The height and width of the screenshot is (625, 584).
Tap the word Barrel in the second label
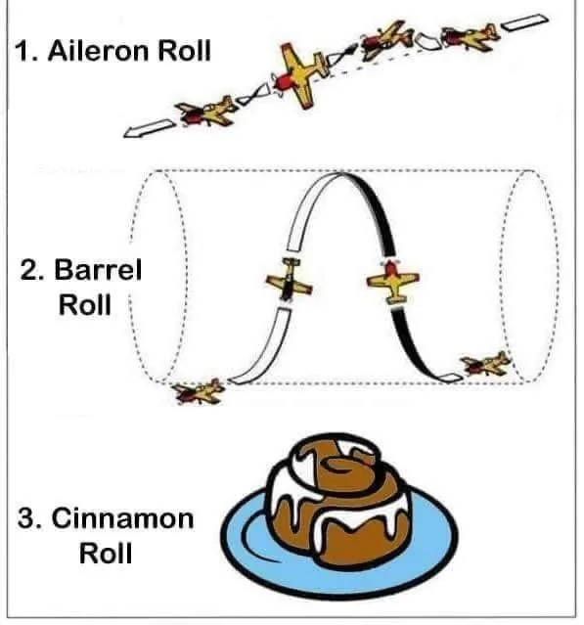click(x=98, y=269)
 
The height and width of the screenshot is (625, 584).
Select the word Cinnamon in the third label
click(x=123, y=518)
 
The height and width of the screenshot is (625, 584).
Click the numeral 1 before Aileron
click(x=23, y=51)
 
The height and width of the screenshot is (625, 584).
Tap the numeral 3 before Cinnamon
click(x=28, y=518)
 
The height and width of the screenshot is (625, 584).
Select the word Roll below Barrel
click(x=85, y=304)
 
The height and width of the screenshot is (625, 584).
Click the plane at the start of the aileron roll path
click(x=472, y=35)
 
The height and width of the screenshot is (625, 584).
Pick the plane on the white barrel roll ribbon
click(x=289, y=280)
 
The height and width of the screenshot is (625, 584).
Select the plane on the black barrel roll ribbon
click(x=392, y=281)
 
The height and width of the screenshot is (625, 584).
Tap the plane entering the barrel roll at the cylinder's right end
click(x=485, y=364)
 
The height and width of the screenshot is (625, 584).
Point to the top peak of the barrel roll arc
click(x=341, y=173)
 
